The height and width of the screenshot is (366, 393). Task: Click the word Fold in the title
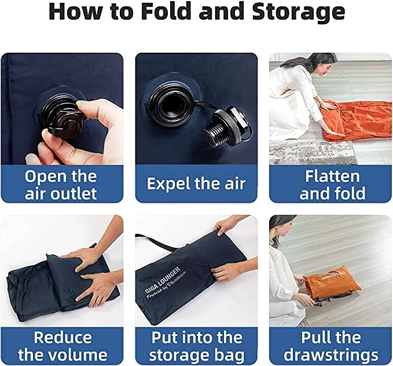[x=167, y=12]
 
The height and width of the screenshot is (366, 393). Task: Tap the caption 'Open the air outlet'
[x=61, y=185]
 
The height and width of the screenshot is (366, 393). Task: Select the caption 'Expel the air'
[x=196, y=184]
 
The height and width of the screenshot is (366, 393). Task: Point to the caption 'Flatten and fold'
[x=332, y=185]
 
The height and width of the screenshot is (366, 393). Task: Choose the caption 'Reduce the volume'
[x=63, y=346]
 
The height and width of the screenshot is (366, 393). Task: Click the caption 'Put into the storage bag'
[x=197, y=346]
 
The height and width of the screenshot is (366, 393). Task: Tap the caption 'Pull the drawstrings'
[x=331, y=346]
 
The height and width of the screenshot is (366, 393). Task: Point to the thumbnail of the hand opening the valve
[x=62, y=109]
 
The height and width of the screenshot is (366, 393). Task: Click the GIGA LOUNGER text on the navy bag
[x=163, y=279]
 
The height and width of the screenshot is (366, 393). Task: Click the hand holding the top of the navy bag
[x=227, y=225]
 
